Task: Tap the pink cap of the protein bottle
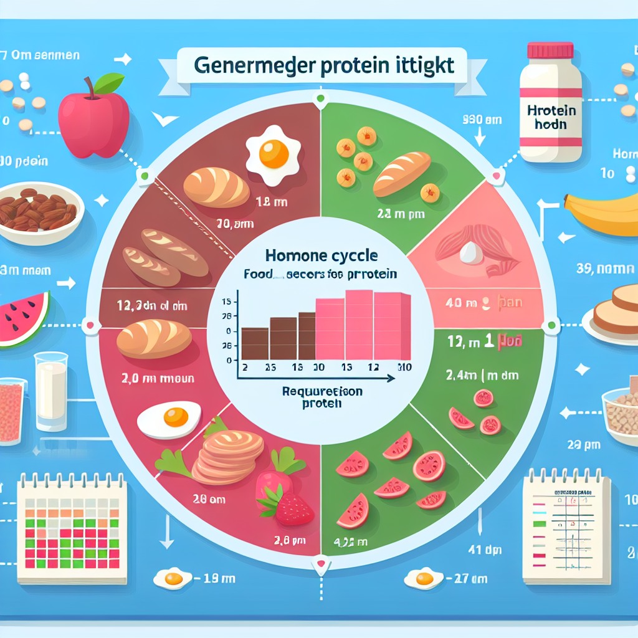click(x=550, y=50)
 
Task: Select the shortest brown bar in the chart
click(x=254, y=343)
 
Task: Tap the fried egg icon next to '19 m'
click(x=173, y=579)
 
